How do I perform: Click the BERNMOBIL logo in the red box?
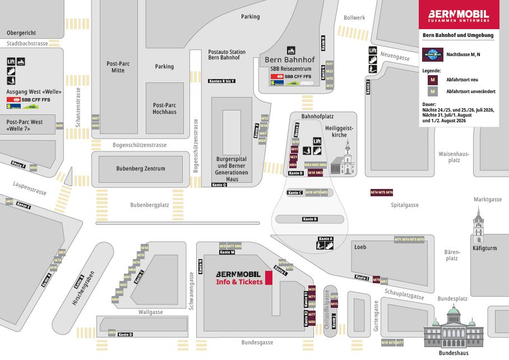tap(459, 15)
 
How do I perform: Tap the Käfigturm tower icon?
tap(478, 224)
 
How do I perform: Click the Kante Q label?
tap(219, 184)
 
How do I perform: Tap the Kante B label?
tap(310, 219)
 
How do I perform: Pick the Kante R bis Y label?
tap(221, 81)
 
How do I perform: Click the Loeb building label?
tap(360, 247)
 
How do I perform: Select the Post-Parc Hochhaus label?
tap(165, 108)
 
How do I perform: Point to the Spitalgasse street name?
tap(405, 205)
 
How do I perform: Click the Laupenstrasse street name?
tap(30, 188)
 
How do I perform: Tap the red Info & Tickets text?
tap(239, 282)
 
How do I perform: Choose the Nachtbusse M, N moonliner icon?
tap(432, 54)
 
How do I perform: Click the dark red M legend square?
tap(432, 80)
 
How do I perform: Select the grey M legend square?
tap(432, 91)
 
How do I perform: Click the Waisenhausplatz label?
tap(454, 156)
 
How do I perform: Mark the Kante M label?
tap(228, 252)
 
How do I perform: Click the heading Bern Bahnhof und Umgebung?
tap(458, 35)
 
